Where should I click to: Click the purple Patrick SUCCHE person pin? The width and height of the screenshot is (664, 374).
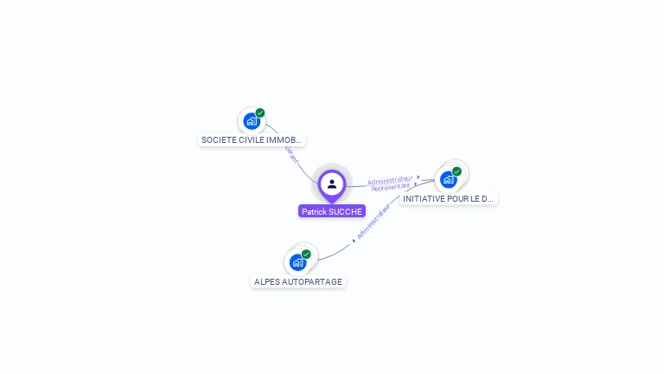pos(332,184)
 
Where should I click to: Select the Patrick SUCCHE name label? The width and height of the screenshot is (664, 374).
pos(332,211)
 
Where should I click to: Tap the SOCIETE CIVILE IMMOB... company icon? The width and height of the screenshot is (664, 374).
pos(252,121)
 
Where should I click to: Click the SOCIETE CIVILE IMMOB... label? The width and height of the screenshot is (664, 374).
pos(252,139)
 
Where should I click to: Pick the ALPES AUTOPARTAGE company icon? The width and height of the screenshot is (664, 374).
pos(298,262)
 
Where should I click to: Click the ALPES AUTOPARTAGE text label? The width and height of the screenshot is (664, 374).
pos(298,281)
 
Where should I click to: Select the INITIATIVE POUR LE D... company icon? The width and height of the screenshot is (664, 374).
pos(448,179)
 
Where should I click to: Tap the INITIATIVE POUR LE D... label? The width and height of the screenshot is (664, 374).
pos(449,198)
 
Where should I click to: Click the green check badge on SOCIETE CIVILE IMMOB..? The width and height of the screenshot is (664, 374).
pos(260,113)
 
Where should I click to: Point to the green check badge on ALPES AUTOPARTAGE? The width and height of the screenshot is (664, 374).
pos(306,254)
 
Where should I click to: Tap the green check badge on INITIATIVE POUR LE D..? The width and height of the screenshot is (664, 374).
pos(456,171)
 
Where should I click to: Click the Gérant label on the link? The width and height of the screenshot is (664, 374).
pos(291,154)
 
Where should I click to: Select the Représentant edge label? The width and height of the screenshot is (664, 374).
pos(391,187)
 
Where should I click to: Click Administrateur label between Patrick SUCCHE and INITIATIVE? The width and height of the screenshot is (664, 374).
pos(390,180)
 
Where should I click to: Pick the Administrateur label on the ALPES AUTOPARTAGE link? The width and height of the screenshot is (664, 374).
pos(373,222)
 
